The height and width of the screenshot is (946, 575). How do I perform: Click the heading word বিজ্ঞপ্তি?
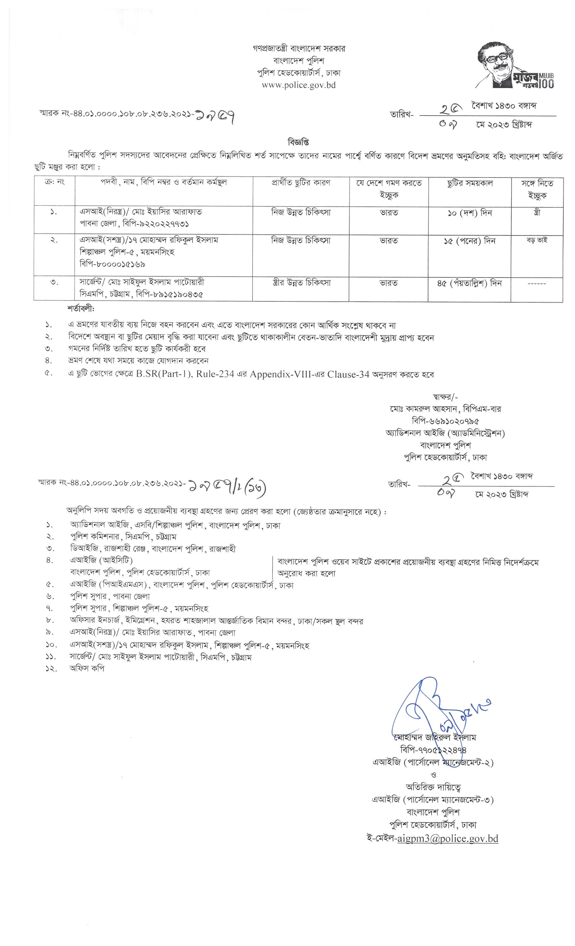(298, 142)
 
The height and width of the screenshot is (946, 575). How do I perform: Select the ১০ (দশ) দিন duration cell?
(470, 213)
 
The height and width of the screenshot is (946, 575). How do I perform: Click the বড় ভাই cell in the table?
(537, 241)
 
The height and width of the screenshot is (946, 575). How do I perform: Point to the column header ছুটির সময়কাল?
(470, 184)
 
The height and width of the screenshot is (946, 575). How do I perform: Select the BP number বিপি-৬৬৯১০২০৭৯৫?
(445, 421)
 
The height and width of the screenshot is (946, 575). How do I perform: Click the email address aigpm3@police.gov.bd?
(448, 838)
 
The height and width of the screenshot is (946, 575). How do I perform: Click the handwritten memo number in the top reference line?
(214, 114)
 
